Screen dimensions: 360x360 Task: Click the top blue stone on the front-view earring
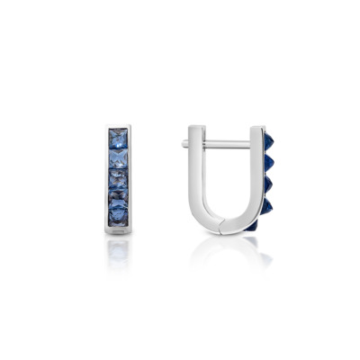118,139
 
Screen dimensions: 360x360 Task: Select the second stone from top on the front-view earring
118,158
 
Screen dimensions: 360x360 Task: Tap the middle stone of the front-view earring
118,178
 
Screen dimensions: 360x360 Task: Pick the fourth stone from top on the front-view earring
118,196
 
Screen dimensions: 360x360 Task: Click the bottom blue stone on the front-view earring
118,214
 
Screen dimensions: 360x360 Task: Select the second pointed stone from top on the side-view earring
269,162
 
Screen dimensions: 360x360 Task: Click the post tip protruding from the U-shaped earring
184,142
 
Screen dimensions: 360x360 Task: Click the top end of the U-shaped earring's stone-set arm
256,128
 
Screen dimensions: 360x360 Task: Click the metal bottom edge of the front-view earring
118,230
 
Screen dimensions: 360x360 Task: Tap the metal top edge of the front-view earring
118,127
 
